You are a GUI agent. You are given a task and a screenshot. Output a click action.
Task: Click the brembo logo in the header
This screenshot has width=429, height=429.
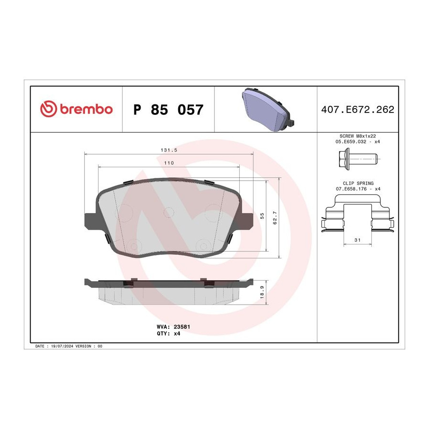[x=76, y=109]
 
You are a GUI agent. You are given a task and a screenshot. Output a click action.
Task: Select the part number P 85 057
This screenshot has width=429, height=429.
[x=168, y=110]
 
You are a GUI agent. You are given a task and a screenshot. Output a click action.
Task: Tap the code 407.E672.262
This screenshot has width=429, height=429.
[x=357, y=110]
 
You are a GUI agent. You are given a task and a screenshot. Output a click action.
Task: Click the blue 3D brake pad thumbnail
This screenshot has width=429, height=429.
[x=268, y=110]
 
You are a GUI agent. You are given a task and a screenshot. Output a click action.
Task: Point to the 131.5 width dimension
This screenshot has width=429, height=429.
[x=169, y=150]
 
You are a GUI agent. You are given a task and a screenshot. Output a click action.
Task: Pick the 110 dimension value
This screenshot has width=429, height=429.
[x=169, y=163]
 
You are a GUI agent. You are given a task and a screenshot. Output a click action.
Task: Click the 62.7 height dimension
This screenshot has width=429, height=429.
[x=275, y=218]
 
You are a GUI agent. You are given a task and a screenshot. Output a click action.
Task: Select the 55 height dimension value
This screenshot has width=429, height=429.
[x=262, y=216]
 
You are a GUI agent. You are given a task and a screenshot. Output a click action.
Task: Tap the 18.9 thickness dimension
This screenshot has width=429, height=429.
[x=262, y=292]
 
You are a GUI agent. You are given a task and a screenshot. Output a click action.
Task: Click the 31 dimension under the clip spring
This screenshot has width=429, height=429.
[x=357, y=240]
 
